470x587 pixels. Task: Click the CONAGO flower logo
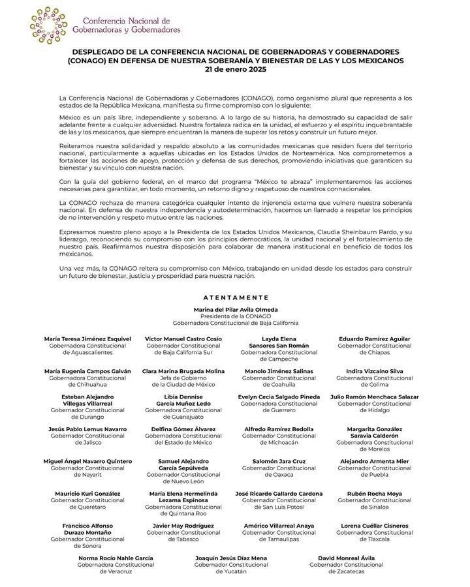(48, 26)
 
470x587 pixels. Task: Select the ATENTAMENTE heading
(236, 297)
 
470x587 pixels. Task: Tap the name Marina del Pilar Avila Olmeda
(236, 309)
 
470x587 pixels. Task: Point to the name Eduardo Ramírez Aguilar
(374, 339)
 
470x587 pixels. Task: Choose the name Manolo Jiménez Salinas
(279, 371)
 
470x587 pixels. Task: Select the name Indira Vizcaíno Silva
(374, 371)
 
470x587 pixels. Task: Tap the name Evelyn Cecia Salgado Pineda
(279, 397)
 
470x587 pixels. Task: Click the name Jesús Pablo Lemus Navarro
(87, 429)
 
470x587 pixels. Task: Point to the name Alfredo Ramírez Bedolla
(279, 429)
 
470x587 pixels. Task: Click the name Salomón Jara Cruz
(279, 461)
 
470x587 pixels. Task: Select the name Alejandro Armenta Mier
(374, 461)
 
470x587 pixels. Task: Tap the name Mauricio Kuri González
(87, 493)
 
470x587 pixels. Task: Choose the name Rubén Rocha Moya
(374, 493)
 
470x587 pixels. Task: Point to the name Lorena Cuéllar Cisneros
(374, 526)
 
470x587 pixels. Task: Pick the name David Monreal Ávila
(346, 558)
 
